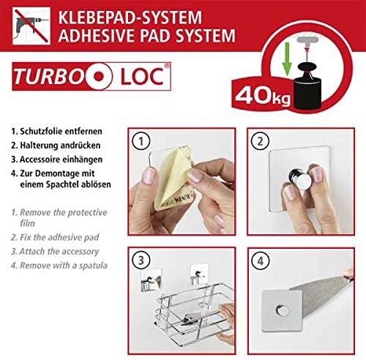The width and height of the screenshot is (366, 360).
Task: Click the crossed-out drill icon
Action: pos(31,26)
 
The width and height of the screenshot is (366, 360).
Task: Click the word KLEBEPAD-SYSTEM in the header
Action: pos(130,17)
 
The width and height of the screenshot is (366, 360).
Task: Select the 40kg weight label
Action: pos(263,96)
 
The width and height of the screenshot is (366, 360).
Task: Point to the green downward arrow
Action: pos(287,59)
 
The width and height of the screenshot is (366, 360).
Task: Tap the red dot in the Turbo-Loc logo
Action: pos(99,76)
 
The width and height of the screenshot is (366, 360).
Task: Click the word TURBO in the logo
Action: pos(48,77)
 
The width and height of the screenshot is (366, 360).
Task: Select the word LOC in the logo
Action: pos(142,77)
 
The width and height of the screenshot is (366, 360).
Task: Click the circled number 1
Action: pos(141,141)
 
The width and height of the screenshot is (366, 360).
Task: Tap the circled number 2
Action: pos(260,141)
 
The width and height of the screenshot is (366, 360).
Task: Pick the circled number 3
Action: pos(141,260)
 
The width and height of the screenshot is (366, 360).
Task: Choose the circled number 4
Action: pos(261,260)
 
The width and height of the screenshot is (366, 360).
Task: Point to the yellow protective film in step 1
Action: pos(171,176)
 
